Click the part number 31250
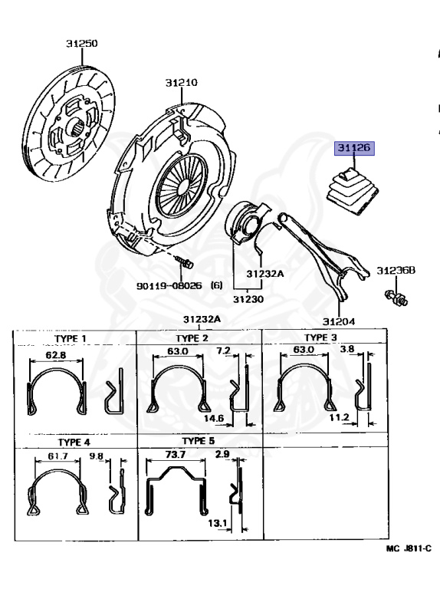pos(82,44)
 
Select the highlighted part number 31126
pos(354,147)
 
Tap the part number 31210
pos(182,82)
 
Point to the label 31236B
pos(396,270)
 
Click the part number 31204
pos(339,321)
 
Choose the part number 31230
pos(248,299)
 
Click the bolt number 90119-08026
pos(169,286)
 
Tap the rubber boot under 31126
pos(352,192)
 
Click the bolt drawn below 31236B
pos(396,298)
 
